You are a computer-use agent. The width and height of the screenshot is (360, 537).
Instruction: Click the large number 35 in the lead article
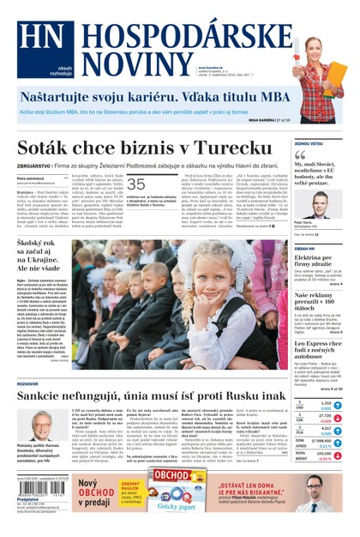coord(136,184)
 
